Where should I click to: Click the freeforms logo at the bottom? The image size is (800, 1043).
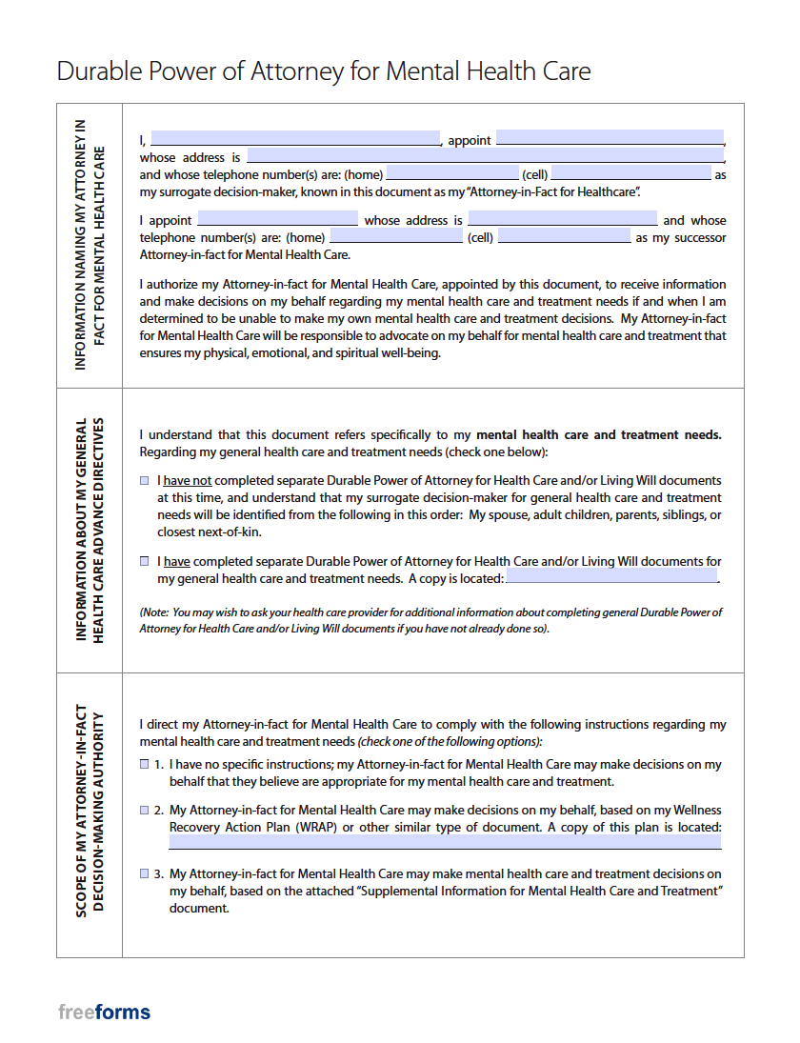pyautogui.click(x=104, y=1012)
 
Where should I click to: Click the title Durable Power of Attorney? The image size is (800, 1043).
pyautogui.click(x=324, y=71)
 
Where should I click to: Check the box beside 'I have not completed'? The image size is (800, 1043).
pyautogui.click(x=144, y=481)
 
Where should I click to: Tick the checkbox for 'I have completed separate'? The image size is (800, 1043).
pyautogui.click(x=144, y=562)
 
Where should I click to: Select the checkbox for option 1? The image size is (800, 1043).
pyautogui.click(x=144, y=764)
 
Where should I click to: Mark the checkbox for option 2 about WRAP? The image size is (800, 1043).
pyautogui.click(x=144, y=810)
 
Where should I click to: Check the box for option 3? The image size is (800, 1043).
pyautogui.click(x=144, y=873)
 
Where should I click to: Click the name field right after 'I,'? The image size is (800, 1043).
pyautogui.click(x=295, y=138)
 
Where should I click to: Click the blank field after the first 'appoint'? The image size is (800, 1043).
pyautogui.click(x=610, y=138)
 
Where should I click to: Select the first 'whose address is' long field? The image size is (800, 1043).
pyautogui.click(x=486, y=155)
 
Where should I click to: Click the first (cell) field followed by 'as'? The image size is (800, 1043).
pyautogui.click(x=630, y=173)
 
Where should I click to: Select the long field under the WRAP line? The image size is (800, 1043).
pyautogui.click(x=445, y=843)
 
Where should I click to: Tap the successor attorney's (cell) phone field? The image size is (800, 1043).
pyautogui.click(x=564, y=236)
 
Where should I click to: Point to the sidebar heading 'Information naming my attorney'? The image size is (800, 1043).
pyautogui.click(x=90, y=245)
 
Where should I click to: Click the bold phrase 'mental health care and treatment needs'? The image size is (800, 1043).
pyautogui.click(x=598, y=434)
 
